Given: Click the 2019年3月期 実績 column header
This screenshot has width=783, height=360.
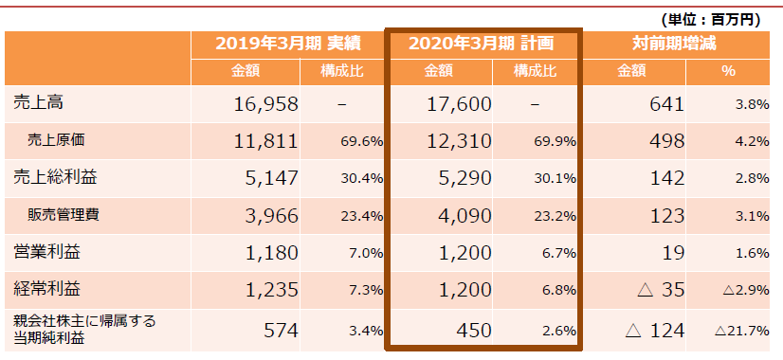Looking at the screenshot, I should click(289, 44).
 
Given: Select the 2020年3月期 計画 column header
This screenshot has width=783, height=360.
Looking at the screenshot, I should click(482, 44).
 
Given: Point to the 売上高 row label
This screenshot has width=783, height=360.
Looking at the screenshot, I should click(39, 102).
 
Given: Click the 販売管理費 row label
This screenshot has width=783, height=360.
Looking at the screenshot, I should click(64, 215).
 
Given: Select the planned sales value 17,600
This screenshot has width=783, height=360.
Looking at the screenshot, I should click(457, 103).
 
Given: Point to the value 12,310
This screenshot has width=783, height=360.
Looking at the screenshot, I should click(457, 141).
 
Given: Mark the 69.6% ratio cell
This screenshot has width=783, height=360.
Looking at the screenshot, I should click(360, 142).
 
